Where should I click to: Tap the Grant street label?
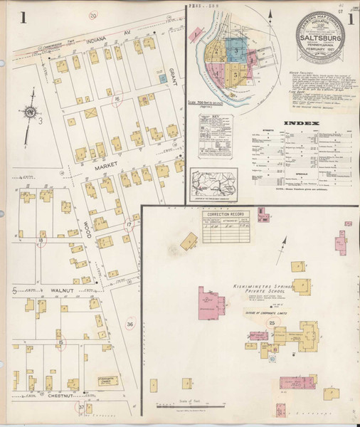coord(175,72)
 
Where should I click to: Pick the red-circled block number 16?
coord(117,100)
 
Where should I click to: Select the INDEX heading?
coord(301,123)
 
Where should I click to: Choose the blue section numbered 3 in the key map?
coord(236,51)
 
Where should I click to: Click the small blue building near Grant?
coord(163,76)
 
